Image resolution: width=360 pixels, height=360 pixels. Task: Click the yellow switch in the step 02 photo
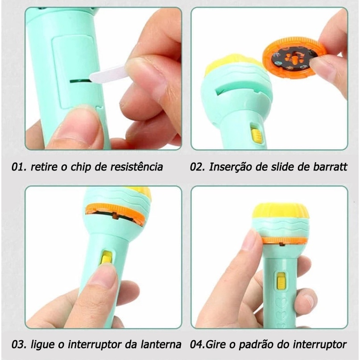tap(257, 134)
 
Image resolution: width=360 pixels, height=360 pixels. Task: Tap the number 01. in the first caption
tap(20, 167)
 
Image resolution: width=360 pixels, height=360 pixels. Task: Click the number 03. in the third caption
tap(19, 344)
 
